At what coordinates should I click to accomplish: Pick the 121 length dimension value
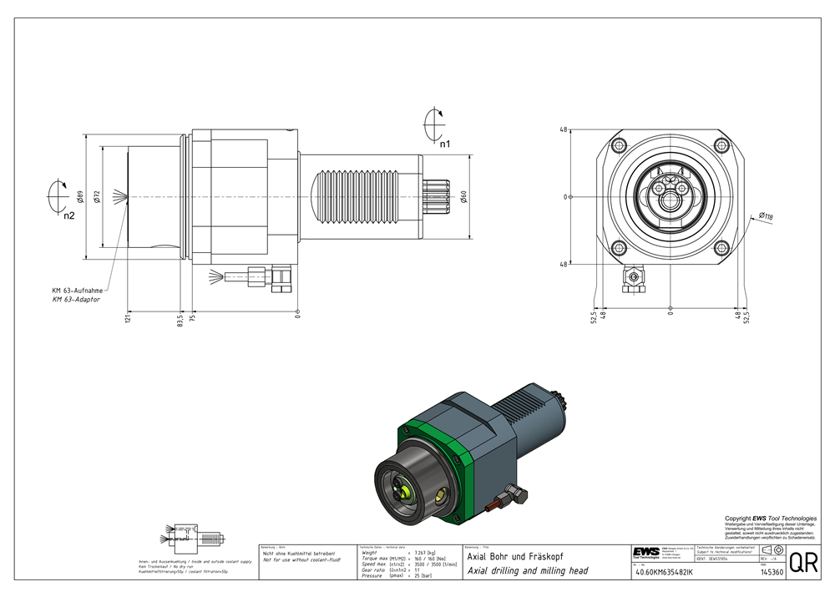pyautogui.click(x=128, y=320)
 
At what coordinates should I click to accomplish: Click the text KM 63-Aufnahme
pyautogui.click(x=77, y=290)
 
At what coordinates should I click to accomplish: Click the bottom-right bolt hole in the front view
pyautogui.click(x=720, y=247)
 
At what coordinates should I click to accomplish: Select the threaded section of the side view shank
pyautogui.click(x=367, y=197)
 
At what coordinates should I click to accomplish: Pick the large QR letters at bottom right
pyautogui.click(x=803, y=563)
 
